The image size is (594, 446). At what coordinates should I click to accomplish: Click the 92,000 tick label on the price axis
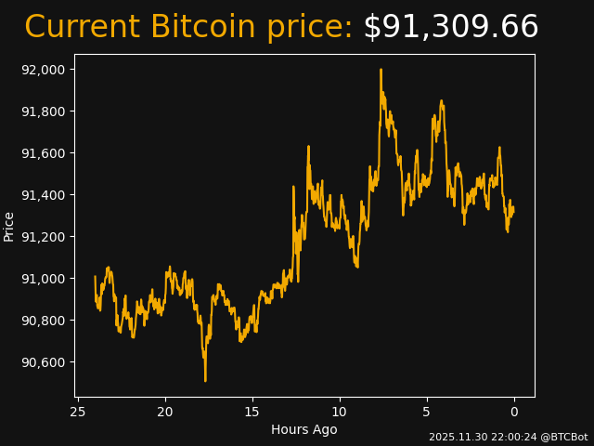click(43, 70)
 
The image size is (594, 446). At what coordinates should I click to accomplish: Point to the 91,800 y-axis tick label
click(43, 111)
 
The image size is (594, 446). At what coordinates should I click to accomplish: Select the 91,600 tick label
click(43, 153)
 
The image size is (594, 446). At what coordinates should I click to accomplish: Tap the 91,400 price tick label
click(43, 195)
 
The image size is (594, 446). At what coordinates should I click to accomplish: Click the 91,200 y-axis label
click(43, 237)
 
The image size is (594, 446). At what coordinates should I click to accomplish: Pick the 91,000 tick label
click(43, 279)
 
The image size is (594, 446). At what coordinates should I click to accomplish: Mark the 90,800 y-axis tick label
click(43, 321)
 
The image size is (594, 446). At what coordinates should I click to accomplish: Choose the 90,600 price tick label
click(43, 362)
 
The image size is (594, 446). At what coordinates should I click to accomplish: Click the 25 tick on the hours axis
click(78, 412)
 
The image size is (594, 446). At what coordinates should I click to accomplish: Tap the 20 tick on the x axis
click(165, 412)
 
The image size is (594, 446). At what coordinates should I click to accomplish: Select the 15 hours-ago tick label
click(252, 412)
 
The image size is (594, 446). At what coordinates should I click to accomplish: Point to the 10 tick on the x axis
click(340, 412)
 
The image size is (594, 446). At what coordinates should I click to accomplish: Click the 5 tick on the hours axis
click(427, 412)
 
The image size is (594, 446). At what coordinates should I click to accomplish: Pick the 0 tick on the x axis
click(514, 412)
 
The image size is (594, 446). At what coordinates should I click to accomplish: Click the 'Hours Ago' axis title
click(304, 429)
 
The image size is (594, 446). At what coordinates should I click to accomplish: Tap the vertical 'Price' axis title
click(9, 226)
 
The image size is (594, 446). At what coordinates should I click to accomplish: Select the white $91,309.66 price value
click(450, 28)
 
